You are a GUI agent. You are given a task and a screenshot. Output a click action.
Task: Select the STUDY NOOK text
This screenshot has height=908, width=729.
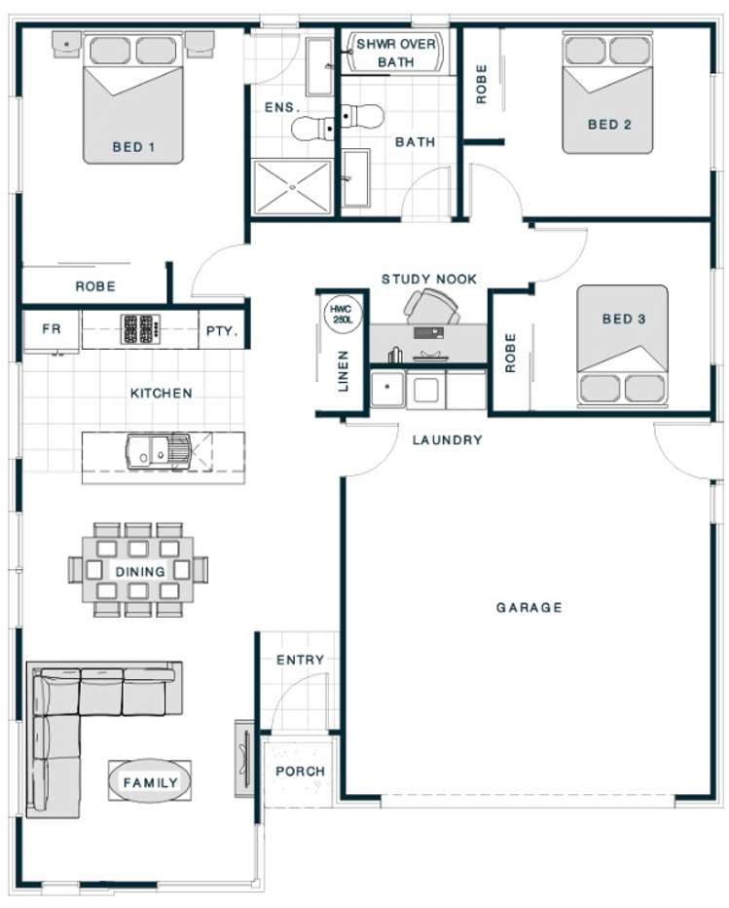(x=429, y=280)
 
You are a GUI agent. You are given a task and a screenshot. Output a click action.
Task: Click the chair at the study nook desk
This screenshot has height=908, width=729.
(x=431, y=307)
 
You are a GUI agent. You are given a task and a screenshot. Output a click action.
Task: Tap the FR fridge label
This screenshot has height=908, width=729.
(x=51, y=329)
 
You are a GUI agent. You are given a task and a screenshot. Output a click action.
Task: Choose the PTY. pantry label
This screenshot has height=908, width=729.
(x=223, y=330)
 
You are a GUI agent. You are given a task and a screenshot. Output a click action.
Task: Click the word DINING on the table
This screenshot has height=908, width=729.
(x=140, y=571)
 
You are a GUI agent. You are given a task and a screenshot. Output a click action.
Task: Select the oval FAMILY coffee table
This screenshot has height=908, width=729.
(x=150, y=782)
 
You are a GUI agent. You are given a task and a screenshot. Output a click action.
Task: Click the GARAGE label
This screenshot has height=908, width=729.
(x=529, y=608)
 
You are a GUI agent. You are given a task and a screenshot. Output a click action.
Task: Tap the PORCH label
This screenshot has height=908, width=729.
(x=299, y=772)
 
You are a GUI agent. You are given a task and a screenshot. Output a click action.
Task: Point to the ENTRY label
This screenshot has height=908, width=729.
(x=300, y=660)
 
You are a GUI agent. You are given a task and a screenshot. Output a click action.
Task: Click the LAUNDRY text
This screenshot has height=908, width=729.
(x=447, y=440)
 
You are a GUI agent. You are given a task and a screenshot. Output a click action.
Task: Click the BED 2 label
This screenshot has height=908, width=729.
(x=610, y=124)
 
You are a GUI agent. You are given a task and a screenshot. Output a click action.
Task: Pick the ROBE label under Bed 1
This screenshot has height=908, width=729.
(x=95, y=286)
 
